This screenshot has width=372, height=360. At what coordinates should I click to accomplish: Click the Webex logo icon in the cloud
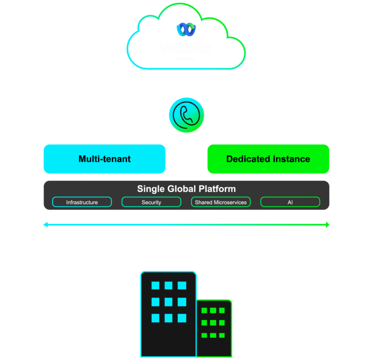pyautogui.click(x=186, y=30)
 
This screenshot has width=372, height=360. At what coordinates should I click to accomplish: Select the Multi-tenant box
pyautogui.click(x=105, y=159)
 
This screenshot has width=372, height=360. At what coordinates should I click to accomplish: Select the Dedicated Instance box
pyautogui.click(x=268, y=159)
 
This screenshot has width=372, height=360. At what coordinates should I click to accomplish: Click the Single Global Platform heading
pyautogui.click(x=186, y=189)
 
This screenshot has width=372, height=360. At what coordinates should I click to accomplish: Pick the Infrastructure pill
pyautogui.click(x=82, y=202)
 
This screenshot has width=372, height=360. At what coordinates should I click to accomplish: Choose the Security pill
pyautogui.click(x=151, y=202)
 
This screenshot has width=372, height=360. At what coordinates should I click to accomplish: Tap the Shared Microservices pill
pyautogui.click(x=220, y=202)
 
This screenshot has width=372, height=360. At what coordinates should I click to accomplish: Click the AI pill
pyautogui.click(x=290, y=202)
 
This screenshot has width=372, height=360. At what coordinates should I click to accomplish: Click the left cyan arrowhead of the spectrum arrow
pyautogui.click(x=46, y=225)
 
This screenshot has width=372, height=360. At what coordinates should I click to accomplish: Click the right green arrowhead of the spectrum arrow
pyautogui.click(x=327, y=225)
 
